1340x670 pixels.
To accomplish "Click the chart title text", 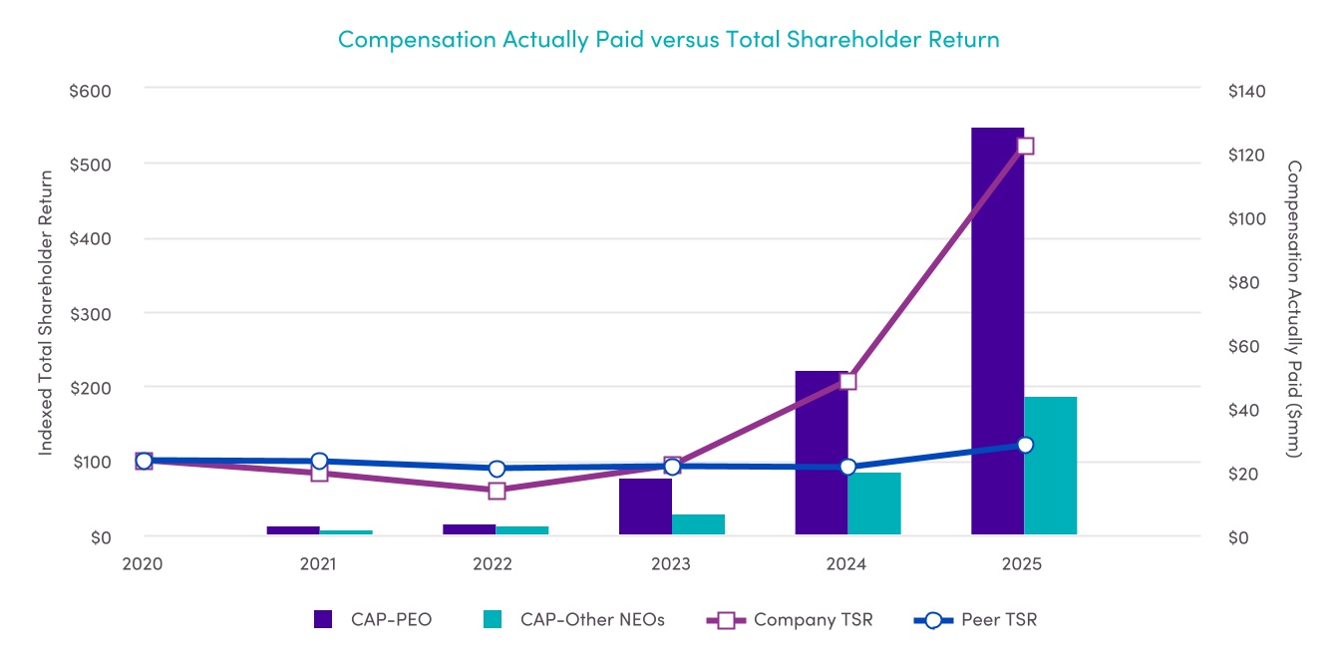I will point(668,39).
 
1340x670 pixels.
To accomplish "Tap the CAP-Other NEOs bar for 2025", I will point(1051,466).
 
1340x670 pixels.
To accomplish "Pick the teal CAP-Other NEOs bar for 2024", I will point(874,503).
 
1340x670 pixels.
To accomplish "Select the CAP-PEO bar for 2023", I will point(645,506).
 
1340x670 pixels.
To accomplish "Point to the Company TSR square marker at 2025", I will point(1025,146).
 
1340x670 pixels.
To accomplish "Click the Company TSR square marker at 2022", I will point(497,491).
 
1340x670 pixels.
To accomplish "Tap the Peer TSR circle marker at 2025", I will point(1025,445).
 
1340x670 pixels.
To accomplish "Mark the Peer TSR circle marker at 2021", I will point(320,462).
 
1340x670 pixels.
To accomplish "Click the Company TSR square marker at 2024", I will point(848,381).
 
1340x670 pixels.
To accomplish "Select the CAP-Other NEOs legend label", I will point(591,620).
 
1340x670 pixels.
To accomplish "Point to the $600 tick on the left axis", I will point(90,91).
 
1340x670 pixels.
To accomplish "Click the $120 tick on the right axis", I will point(1245,155).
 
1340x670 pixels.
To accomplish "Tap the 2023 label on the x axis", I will point(671,564).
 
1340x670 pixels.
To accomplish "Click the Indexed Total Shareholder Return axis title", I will point(46,312).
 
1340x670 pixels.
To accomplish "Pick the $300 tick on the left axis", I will point(90,314).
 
